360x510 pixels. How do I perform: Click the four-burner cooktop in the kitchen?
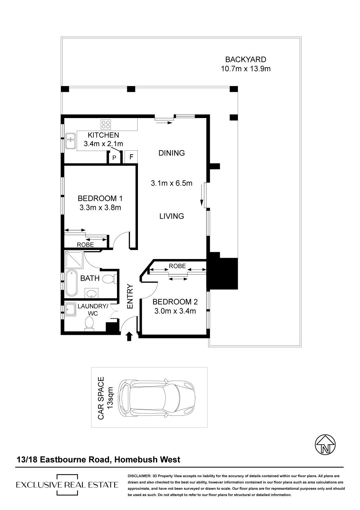click(106, 124)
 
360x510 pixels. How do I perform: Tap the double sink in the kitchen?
click(71, 141)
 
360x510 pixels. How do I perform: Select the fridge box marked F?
click(131, 157)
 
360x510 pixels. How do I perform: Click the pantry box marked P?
click(114, 157)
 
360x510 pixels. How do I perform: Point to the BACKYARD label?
click(246, 59)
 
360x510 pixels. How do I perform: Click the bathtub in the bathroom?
click(72, 283)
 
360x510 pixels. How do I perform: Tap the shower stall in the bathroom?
click(74, 259)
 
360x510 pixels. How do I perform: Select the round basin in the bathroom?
click(92, 293)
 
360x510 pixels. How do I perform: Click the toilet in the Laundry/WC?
click(89, 324)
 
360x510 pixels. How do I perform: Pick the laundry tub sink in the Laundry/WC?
click(71, 309)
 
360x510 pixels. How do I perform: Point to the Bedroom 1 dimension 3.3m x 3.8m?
click(100, 208)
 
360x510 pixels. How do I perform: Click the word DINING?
click(171, 153)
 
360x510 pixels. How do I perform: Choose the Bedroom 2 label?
click(175, 302)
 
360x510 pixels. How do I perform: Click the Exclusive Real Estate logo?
click(67, 485)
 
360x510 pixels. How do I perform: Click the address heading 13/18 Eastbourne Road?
click(64, 459)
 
